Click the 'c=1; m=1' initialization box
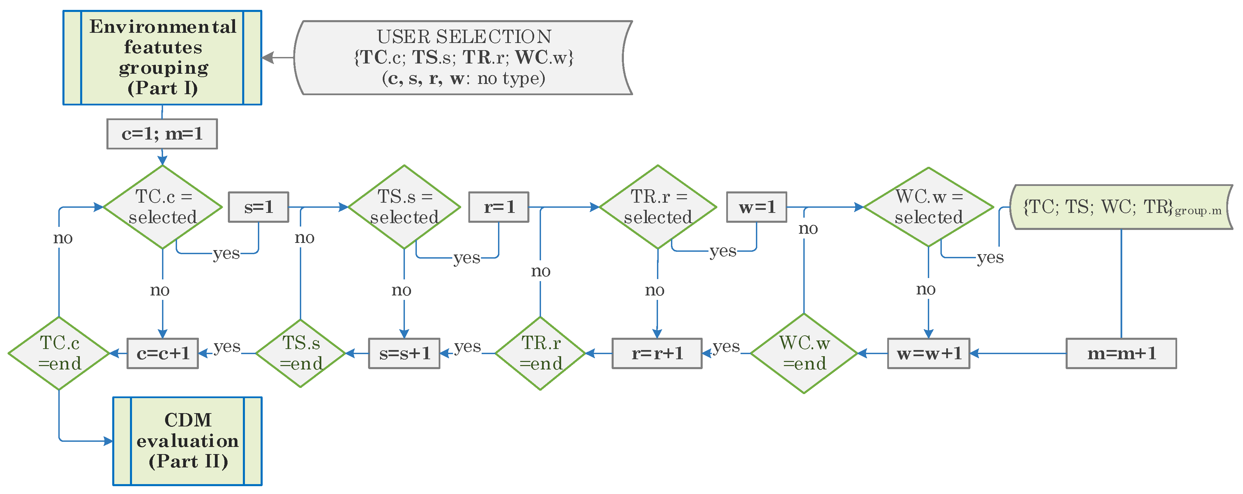[162, 134]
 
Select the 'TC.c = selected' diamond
[163, 207]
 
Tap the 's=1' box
[258, 207]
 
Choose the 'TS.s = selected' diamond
[404, 207]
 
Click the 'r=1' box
[498, 207]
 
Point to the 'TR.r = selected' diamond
[658, 207]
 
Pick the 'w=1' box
[757, 207]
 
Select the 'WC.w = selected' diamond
[928, 207]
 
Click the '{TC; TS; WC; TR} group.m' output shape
[1121, 207]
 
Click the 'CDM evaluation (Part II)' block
[187, 441]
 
